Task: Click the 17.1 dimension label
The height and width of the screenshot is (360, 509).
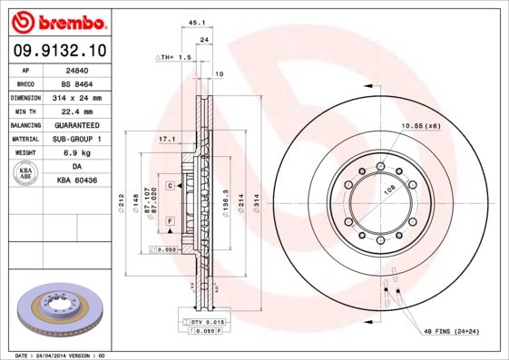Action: point(166,139)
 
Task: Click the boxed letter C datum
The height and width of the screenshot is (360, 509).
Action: point(169,185)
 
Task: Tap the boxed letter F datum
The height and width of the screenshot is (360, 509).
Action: point(169,221)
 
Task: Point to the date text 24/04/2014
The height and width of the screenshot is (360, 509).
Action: point(62,355)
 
